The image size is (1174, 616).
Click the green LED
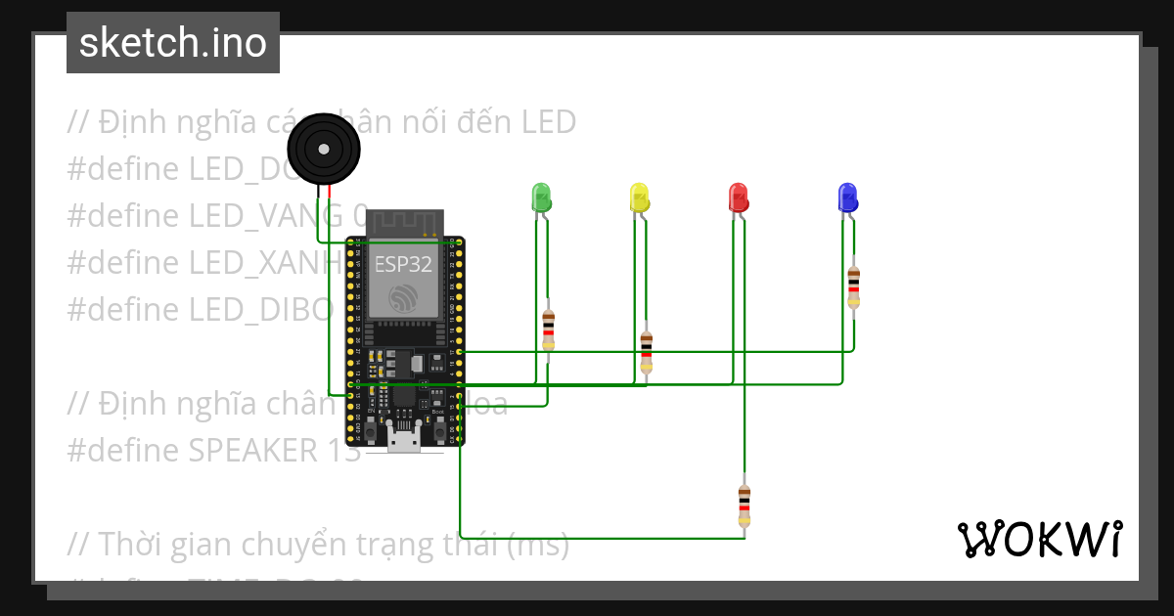click(540, 197)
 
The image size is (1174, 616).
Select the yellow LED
click(638, 197)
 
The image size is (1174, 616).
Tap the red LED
click(739, 197)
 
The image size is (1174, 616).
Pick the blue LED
click(847, 197)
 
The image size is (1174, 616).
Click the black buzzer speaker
click(324, 149)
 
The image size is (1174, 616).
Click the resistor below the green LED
click(548, 330)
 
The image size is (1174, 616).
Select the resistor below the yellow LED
click(646, 352)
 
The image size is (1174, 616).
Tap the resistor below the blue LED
click(854, 286)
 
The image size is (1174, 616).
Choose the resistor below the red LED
click(745, 506)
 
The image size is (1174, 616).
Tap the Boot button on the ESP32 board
click(438, 427)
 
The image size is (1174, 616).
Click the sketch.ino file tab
click(173, 43)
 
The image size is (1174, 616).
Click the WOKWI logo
click(1039, 539)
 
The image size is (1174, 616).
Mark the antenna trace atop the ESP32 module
click(405, 223)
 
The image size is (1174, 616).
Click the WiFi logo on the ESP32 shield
click(405, 297)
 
